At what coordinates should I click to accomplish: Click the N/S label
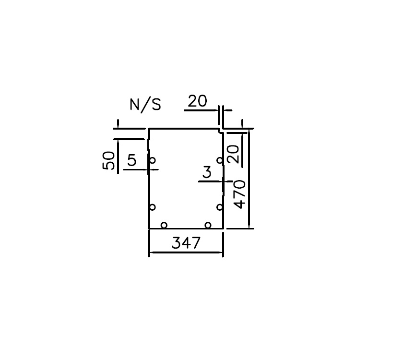pyautogui.click(x=145, y=105)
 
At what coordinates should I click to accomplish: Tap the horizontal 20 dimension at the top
pyautogui.click(x=197, y=101)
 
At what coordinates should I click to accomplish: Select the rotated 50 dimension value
pyautogui.click(x=109, y=160)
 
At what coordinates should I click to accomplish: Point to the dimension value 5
pyautogui.click(x=131, y=160)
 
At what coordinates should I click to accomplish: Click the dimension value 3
pyautogui.click(x=207, y=172)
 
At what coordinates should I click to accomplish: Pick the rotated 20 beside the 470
pyautogui.click(x=233, y=155)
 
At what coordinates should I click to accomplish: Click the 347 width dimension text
pyautogui.click(x=186, y=243)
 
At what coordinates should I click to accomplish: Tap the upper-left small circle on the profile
pyautogui.click(x=153, y=160)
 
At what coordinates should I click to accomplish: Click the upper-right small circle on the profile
pyautogui.click(x=220, y=160)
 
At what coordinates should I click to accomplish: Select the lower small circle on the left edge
pyautogui.click(x=153, y=207)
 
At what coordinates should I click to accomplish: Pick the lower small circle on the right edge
pyautogui.click(x=220, y=207)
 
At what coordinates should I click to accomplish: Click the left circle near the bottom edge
pyautogui.click(x=164, y=225)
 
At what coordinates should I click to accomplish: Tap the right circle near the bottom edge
pyautogui.click(x=208, y=225)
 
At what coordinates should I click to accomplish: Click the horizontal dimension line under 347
pyautogui.click(x=186, y=252)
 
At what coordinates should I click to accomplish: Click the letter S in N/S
pyautogui.click(x=156, y=105)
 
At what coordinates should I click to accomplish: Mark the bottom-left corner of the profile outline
pyautogui.click(x=149, y=228)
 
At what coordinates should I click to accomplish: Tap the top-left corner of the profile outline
pyautogui.click(x=149, y=129)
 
